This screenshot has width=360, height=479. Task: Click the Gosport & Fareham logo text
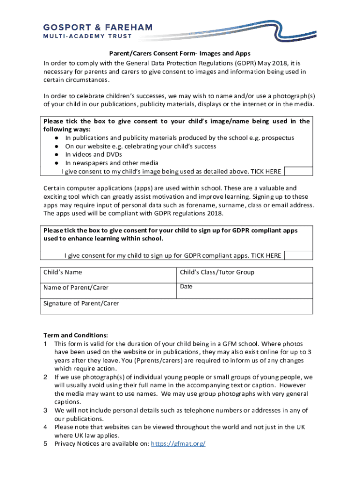pyautogui.click(x=98, y=27)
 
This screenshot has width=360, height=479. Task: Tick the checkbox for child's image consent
pyautogui.click(x=298, y=171)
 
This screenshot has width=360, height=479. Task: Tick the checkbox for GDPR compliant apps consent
pyautogui.click(x=298, y=255)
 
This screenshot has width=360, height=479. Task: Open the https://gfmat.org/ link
pyautogui.click(x=178, y=443)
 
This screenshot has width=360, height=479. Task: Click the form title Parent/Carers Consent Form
pyautogui.click(x=180, y=54)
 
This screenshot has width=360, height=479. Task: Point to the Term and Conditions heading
pyautogui.click(x=76, y=335)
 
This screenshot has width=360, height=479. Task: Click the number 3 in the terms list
pyautogui.click(x=46, y=410)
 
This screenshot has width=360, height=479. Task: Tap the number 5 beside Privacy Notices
pyautogui.click(x=46, y=443)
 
